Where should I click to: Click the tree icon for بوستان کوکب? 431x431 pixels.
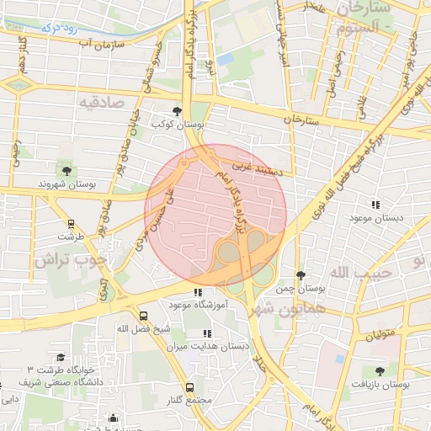pyautogui.click(x=177, y=111)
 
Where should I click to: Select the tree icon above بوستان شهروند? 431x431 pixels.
pyautogui.click(x=67, y=171)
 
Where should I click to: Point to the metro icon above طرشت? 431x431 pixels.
pyautogui.click(x=71, y=225)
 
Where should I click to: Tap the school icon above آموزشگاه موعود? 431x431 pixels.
pyautogui.click(x=197, y=292)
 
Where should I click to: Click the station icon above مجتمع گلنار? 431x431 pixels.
pyautogui.click(x=189, y=387)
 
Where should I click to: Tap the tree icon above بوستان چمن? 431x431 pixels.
pyautogui.click(x=301, y=276)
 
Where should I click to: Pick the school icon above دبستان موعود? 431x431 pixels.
pyautogui.click(x=375, y=204)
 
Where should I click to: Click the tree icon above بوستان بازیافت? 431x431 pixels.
pyautogui.click(x=380, y=370)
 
